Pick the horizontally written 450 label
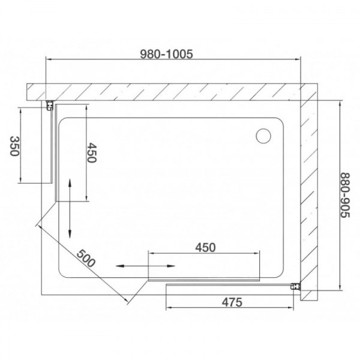(205, 247)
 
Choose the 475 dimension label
(231, 302)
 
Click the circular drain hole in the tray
(263, 136)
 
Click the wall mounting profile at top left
(47, 106)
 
